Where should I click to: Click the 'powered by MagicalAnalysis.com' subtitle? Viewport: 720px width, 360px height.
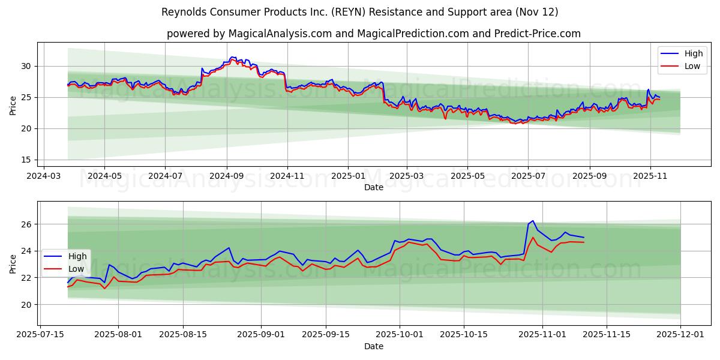click(x=373, y=34)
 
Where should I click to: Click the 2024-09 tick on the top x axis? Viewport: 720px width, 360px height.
click(x=226, y=176)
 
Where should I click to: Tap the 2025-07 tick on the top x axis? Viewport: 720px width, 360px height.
click(x=528, y=176)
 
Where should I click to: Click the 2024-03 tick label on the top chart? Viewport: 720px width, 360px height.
click(x=43, y=176)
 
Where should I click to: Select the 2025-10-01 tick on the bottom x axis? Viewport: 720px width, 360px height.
click(x=399, y=335)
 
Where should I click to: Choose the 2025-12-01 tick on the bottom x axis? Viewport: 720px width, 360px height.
click(x=680, y=335)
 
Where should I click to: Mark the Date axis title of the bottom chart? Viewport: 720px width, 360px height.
click(x=373, y=346)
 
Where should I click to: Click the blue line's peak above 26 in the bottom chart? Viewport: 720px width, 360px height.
click(x=532, y=221)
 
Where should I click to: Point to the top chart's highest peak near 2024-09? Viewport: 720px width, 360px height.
click(x=232, y=57)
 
